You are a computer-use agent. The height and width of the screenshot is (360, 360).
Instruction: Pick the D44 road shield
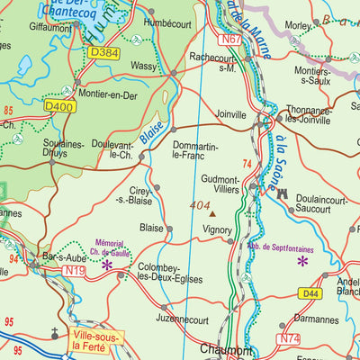point(311,293)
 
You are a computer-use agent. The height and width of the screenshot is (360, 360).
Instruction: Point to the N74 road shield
point(290,338)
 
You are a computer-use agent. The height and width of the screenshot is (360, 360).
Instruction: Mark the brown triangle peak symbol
point(212,214)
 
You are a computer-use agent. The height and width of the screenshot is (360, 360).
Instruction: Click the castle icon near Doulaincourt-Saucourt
point(282,193)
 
